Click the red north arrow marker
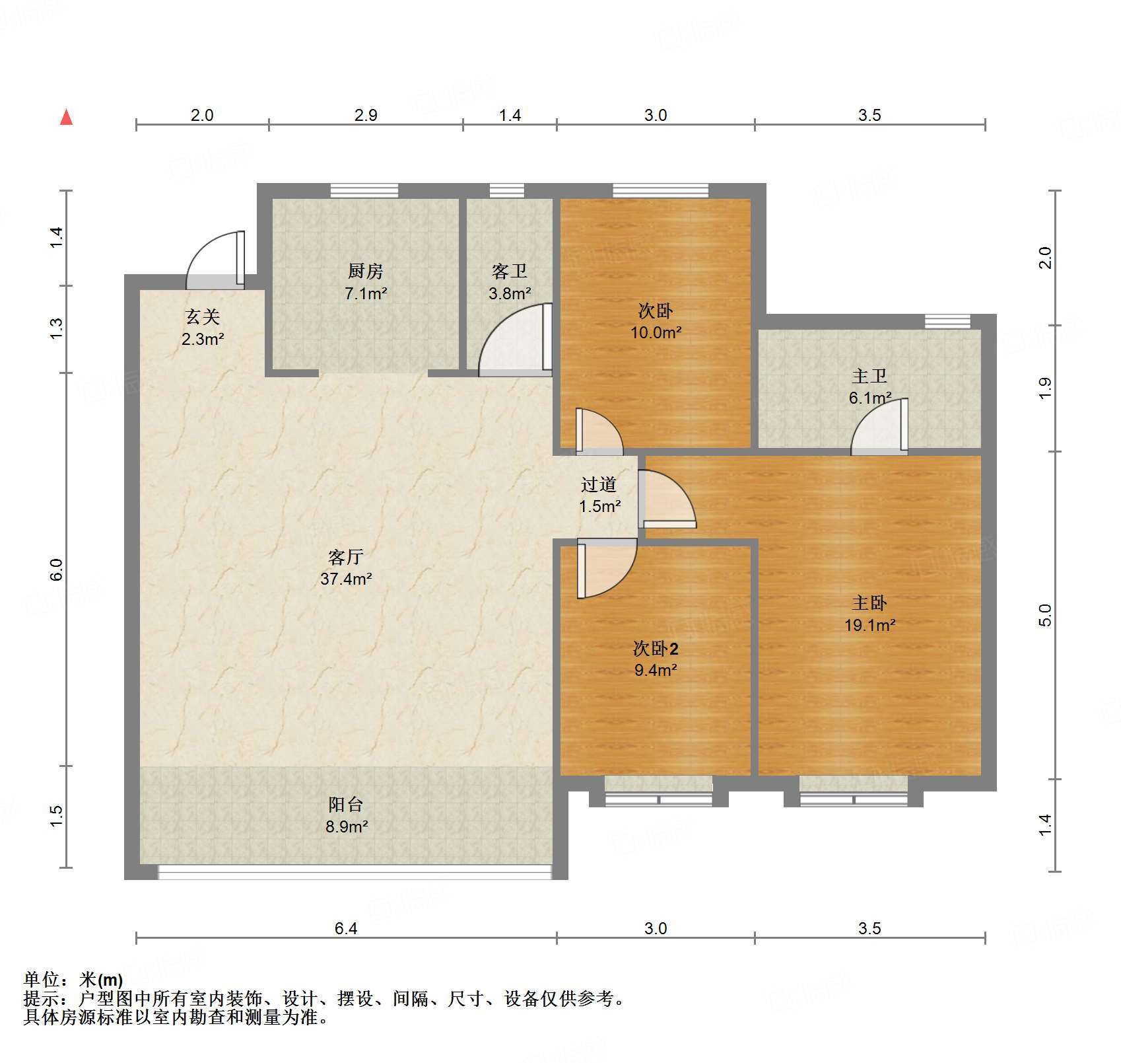(66, 118)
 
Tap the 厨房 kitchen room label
(365, 272)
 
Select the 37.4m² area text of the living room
(346, 579)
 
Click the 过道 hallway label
(599, 485)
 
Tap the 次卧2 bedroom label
(655, 649)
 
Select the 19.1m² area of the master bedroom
(869, 625)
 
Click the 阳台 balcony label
(345, 805)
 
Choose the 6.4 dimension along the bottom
(345, 928)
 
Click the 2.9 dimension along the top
(365, 116)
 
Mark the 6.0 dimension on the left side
(57, 569)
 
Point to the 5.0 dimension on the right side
(1044, 616)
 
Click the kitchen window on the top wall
(364, 191)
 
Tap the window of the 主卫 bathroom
(947, 322)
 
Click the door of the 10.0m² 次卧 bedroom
(598, 433)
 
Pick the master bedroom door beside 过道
(667, 499)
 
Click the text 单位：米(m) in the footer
(73, 980)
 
